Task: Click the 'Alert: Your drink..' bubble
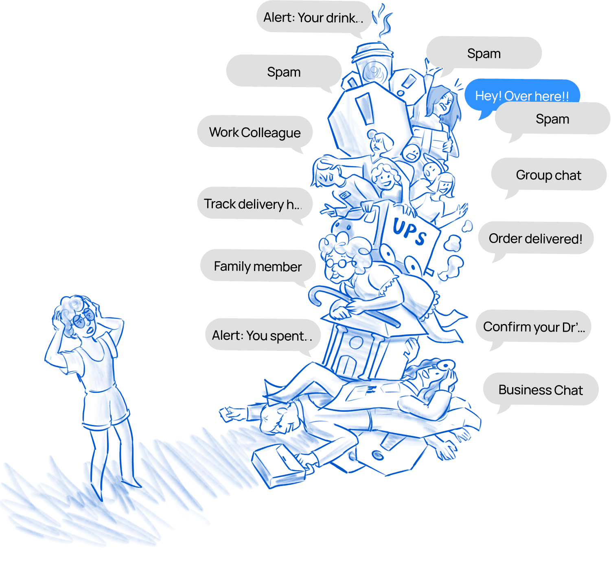313,18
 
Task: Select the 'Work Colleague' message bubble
255,132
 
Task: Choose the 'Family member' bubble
258,266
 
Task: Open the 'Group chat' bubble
548,175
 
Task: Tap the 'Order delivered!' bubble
535,239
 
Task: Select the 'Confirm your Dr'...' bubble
533,327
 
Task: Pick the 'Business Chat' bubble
541,390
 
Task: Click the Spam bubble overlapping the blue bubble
552,119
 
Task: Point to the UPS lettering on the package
410,232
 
